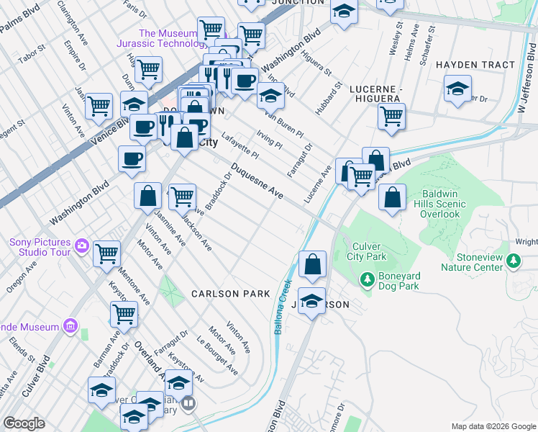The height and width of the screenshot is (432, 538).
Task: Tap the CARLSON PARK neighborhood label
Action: [230, 294]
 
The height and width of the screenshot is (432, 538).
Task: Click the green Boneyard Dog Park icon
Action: [367, 278]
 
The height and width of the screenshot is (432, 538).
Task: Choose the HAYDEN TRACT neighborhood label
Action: [475, 65]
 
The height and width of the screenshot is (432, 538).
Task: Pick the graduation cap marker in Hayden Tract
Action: [457, 89]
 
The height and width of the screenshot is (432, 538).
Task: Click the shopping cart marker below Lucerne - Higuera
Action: [391, 117]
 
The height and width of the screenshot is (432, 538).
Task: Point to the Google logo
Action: [24, 423]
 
